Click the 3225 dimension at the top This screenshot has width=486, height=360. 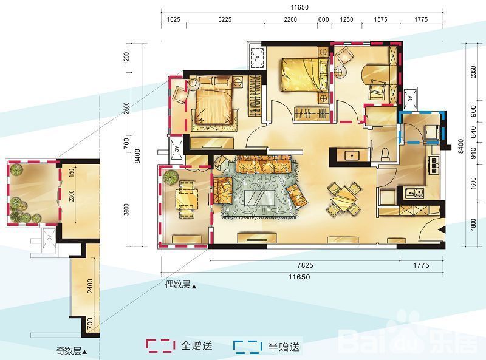point(225,20)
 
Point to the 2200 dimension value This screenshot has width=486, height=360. point(290,20)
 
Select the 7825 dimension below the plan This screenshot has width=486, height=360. point(304,265)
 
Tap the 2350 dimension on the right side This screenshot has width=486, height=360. point(471,73)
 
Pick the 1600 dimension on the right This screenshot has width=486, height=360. point(471,183)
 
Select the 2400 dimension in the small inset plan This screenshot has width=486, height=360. point(89,285)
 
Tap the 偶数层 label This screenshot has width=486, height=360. point(180,285)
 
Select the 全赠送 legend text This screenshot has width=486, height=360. point(197,346)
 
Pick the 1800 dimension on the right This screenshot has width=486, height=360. point(471,226)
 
